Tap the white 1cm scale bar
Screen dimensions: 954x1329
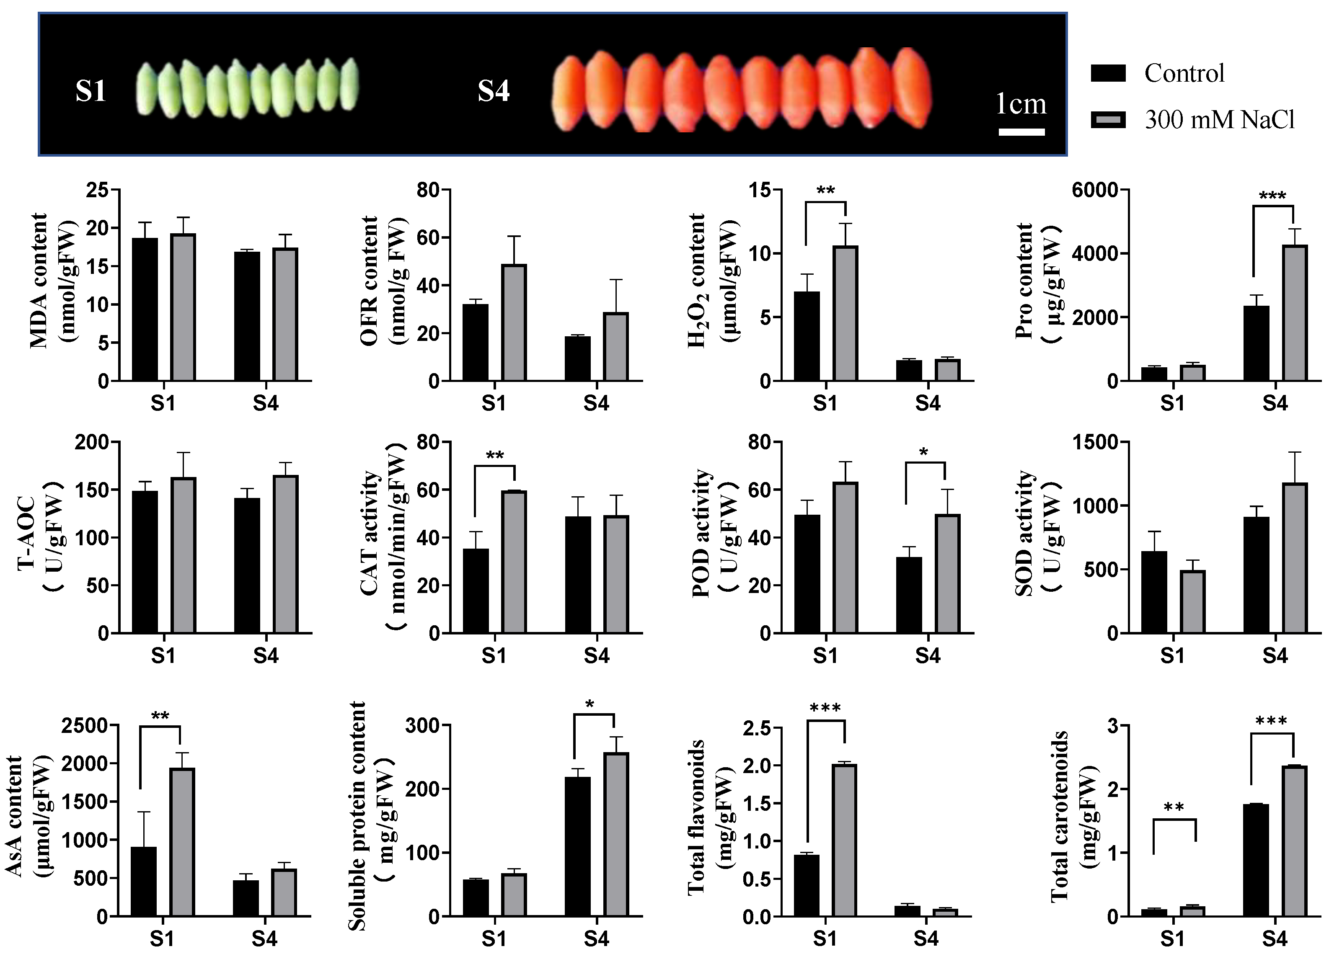[x=1021, y=132]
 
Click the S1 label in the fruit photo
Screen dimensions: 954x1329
[x=91, y=91]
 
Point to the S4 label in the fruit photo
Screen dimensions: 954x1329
[x=494, y=91]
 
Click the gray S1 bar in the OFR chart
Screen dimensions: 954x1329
[x=514, y=323]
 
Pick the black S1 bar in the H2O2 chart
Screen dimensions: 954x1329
[x=807, y=336]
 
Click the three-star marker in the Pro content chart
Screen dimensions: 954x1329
[x=1273, y=196]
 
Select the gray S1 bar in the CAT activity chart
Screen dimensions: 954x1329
[x=514, y=562]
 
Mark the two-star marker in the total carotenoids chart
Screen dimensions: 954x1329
[x=1174, y=807]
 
